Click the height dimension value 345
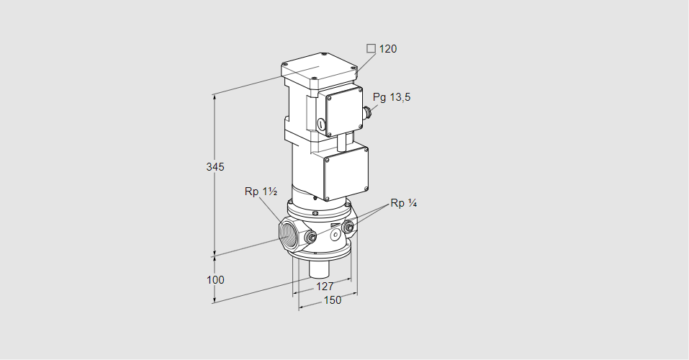click(215, 167)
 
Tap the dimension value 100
click(215, 279)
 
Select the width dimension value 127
click(325, 286)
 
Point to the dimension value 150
click(332, 300)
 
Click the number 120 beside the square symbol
click(388, 49)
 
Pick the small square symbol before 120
click(371, 49)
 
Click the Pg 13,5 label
click(392, 97)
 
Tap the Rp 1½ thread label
click(261, 192)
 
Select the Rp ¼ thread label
click(404, 203)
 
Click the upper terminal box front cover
click(344, 111)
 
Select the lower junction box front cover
click(347, 173)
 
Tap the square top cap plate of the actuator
click(318, 69)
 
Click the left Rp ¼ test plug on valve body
click(310, 237)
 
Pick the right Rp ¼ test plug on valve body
click(349, 229)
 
